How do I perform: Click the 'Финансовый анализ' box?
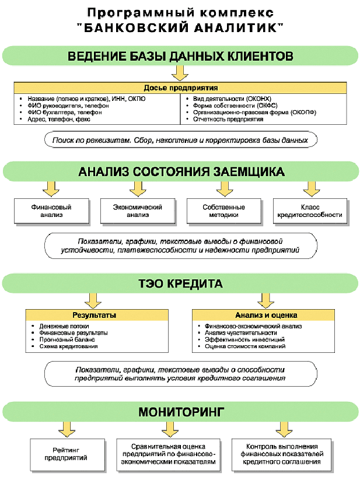pos(51,211)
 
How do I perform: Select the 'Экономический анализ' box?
pos(138,211)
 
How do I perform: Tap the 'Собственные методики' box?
pos(224,211)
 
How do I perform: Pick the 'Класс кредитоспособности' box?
pos(310,211)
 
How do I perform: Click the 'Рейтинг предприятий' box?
pos(67,454)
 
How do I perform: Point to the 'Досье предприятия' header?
pos(180,88)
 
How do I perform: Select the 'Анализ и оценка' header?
pos(263,315)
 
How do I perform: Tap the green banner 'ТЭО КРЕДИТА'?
pos(180,283)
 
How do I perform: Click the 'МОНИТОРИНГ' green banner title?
pos(181,412)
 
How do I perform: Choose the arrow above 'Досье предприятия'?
pos(180,73)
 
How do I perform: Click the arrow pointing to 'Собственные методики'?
pos(225,189)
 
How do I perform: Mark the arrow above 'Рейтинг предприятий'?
pos(67,429)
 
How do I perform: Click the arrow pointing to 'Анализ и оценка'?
pos(265,300)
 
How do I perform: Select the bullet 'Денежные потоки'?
pos(64,327)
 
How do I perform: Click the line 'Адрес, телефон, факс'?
pos(59,120)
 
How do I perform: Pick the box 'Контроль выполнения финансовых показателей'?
pos(282,454)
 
